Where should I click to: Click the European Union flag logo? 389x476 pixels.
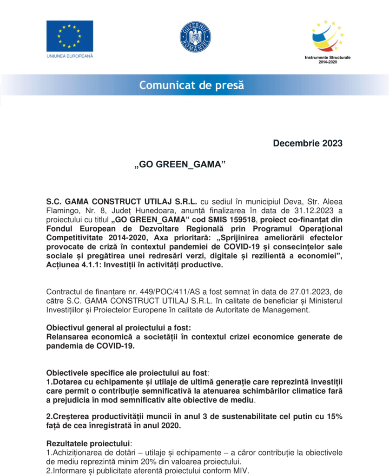point(70,36)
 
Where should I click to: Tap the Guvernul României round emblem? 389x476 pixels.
point(195,37)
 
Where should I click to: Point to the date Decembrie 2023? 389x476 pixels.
point(308,143)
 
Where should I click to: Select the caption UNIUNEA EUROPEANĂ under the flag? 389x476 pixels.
point(70,56)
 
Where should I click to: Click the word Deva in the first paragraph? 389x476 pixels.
point(270,203)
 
